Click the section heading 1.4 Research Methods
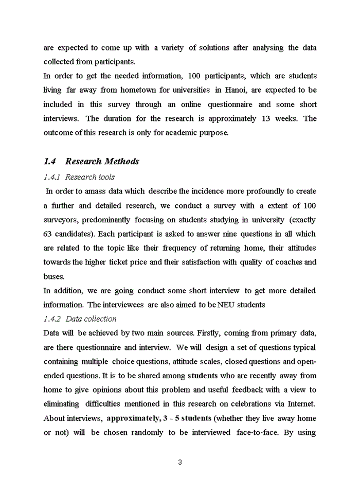(92, 162)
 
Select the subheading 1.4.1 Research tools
(79, 177)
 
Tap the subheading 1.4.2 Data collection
(80, 319)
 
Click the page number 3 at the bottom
(180, 462)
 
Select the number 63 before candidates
(49, 234)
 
